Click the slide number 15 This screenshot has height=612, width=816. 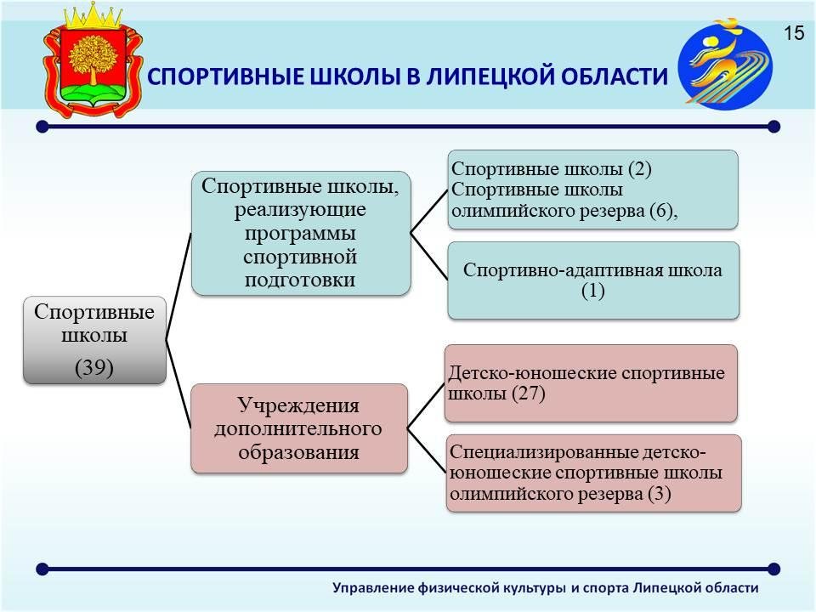coord(794,33)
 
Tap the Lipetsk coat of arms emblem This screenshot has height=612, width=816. coord(93,60)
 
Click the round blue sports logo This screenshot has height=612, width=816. coord(725,64)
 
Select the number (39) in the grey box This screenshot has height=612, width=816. coord(94,367)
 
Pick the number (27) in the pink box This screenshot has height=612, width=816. coord(528,393)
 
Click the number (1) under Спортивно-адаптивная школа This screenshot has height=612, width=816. coord(592,291)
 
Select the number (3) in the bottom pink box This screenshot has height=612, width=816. coord(660,493)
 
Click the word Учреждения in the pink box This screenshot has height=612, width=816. coord(298,405)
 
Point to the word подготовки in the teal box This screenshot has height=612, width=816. coord(300,280)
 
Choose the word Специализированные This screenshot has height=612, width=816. coord(544,452)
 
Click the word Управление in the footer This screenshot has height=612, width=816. coord(372,588)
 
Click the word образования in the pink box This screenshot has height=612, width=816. coord(298,452)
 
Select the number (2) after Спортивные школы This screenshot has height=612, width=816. coord(639,169)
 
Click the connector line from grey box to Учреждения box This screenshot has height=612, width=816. coord(178,384)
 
